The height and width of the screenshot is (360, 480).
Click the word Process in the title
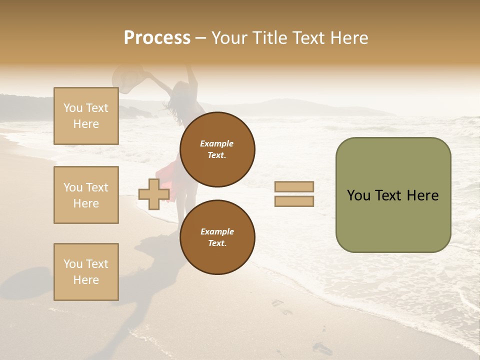pos(157,38)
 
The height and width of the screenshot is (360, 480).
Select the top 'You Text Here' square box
pos(86,116)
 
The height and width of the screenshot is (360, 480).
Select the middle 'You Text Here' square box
pos(86,195)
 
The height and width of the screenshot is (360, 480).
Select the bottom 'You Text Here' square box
pos(86,271)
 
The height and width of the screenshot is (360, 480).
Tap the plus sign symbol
pos(153,194)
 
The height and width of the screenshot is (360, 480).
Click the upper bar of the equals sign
pos(294,186)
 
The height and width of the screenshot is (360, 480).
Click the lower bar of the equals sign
pos(294,201)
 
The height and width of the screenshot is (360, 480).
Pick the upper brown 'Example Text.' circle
pos(217,149)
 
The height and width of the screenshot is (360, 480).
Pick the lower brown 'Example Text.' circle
pos(217,237)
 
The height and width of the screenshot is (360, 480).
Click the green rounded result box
pos(393,195)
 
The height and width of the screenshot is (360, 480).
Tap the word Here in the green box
pos(422,195)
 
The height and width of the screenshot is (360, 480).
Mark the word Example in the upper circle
pos(217,144)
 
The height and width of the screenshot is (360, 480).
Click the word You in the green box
pos(358,195)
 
